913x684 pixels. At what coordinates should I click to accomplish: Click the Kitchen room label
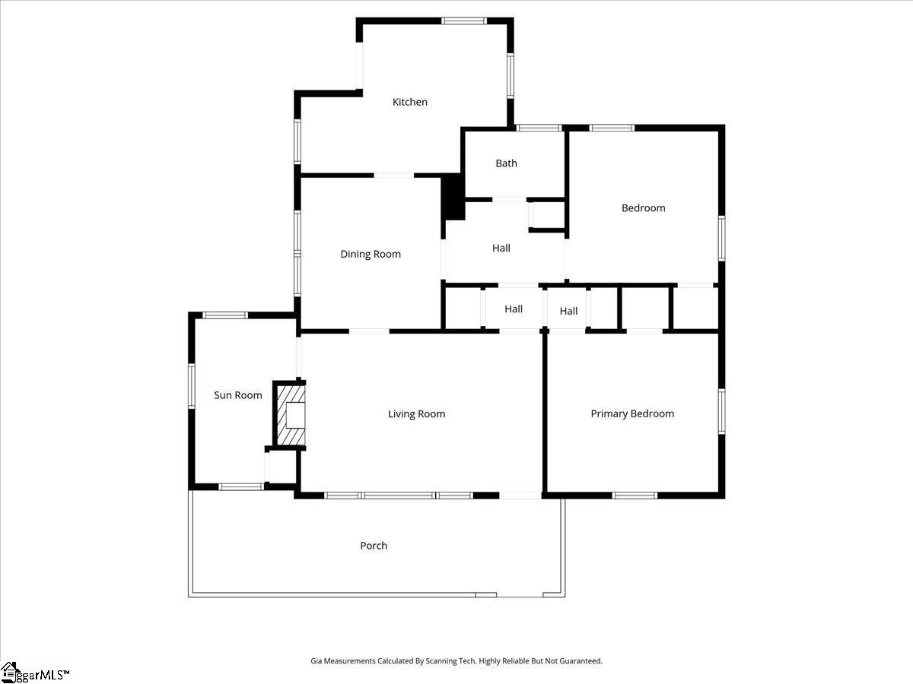click(x=409, y=102)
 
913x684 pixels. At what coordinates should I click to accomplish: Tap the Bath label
click(x=506, y=163)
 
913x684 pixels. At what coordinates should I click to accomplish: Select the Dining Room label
click(x=371, y=254)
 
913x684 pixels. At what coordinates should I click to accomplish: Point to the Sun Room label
click(x=238, y=395)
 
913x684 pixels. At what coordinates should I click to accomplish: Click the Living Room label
click(x=416, y=414)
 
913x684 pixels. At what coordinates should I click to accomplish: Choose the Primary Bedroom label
click(x=632, y=413)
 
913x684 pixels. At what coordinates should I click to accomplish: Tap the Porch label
click(x=374, y=545)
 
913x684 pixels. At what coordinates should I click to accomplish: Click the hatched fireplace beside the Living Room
click(x=291, y=414)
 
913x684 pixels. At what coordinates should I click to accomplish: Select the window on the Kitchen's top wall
click(x=464, y=21)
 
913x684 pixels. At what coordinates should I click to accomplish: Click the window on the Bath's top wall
click(x=539, y=128)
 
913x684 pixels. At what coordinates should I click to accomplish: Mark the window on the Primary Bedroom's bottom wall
click(x=635, y=495)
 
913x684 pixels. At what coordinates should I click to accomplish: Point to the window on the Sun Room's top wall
click(x=225, y=315)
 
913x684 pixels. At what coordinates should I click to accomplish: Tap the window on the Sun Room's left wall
click(x=192, y=386)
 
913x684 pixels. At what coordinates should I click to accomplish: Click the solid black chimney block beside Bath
click(x=453, y=196)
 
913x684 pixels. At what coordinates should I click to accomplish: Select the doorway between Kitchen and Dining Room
click(x=394, y=176)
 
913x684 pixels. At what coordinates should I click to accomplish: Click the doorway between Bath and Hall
click(x=509, y=200)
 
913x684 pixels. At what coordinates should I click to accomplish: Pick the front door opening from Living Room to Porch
click(x=520, y=495)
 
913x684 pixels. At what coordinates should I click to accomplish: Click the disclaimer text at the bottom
click(x=456, y=660)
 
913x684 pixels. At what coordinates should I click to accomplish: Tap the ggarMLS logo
click(x=34, y=673)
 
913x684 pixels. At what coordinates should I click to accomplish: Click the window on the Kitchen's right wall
click(x=511, y=75)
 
